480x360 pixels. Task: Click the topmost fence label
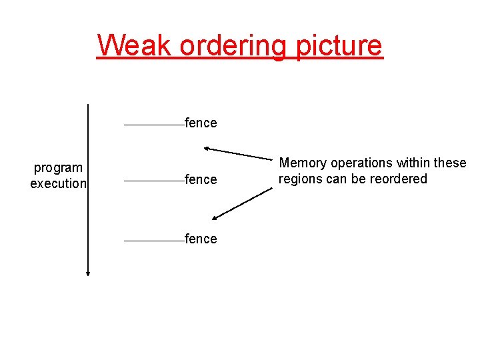pos(201,123)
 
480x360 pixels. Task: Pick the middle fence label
pos(201,179)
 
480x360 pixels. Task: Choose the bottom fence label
pos(201,239)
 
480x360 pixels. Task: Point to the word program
pos(58,169)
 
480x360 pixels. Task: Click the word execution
pos(58,183)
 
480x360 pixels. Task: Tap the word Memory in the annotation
pos(303,163)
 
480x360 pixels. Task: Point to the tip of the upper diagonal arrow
pos(205,147)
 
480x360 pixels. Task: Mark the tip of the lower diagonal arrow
pos(213,218)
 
